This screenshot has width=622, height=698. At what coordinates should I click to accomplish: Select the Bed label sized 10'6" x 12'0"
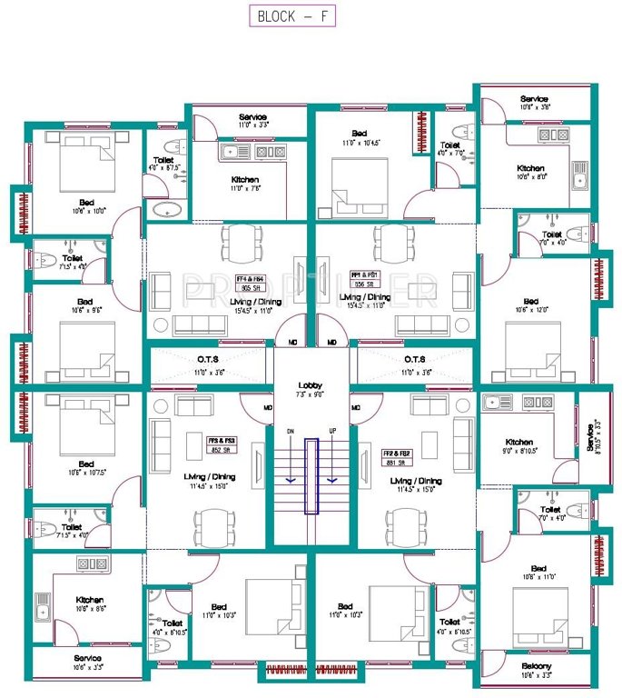533,302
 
